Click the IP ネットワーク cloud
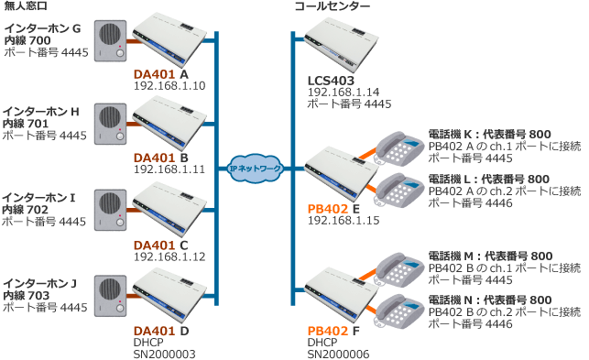(x=255, y=169)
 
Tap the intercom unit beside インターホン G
(x=110, y=41)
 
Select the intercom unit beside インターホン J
(x=110, y=296)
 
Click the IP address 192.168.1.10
(x=169, y=86)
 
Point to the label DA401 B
(x=161, y=158)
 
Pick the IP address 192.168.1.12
(x=169, y=257)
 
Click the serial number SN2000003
(x=165, y=354)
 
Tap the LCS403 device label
(x=331, y=81)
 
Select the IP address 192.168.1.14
(x=344, y=93)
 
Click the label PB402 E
(x=333, y=209)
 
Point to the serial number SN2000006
(x=338, y=354)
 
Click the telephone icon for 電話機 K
(x=399, y=148)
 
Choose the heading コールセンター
(x=333, y=6)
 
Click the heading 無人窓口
(x=25, y=6)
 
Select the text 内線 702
(x=25, y=210)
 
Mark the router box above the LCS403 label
(x=341, y=45)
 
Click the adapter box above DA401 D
(x=169, y=295)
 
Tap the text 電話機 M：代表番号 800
(x=490, y=256)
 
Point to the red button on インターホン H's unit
(x=120, y=129)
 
